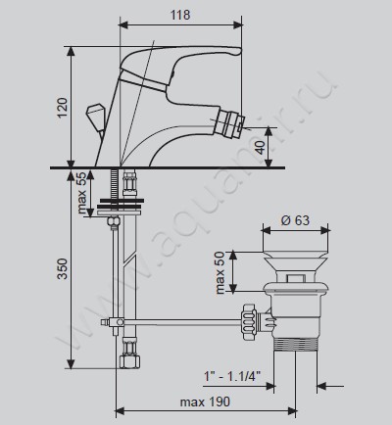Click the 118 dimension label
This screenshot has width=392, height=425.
coord(180,15)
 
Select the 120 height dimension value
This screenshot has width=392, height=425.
coord(62,108)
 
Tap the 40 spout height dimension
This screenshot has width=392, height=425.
coord(261,148)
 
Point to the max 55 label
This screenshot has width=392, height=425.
coord(83,193)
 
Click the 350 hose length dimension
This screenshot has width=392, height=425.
coord(62,268)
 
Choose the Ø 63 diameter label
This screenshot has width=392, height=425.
coord(295,220)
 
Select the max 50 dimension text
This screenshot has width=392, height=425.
coord(220,272)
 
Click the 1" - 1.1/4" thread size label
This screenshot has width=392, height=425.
coord(232,377)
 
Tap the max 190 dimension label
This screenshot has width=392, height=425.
coord(205,401)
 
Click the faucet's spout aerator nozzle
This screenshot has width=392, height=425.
coord(231,120)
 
